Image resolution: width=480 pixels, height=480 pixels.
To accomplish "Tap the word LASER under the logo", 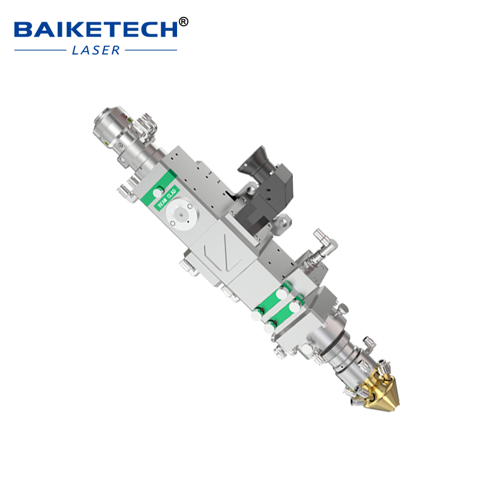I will [x=96, y=50].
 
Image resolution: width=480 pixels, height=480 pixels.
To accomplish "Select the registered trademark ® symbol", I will [x=184, y=22].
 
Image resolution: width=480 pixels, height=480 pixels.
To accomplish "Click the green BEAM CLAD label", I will [x=166, y=196].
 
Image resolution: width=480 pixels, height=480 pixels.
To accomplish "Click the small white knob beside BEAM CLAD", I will [x=159, y=191].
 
